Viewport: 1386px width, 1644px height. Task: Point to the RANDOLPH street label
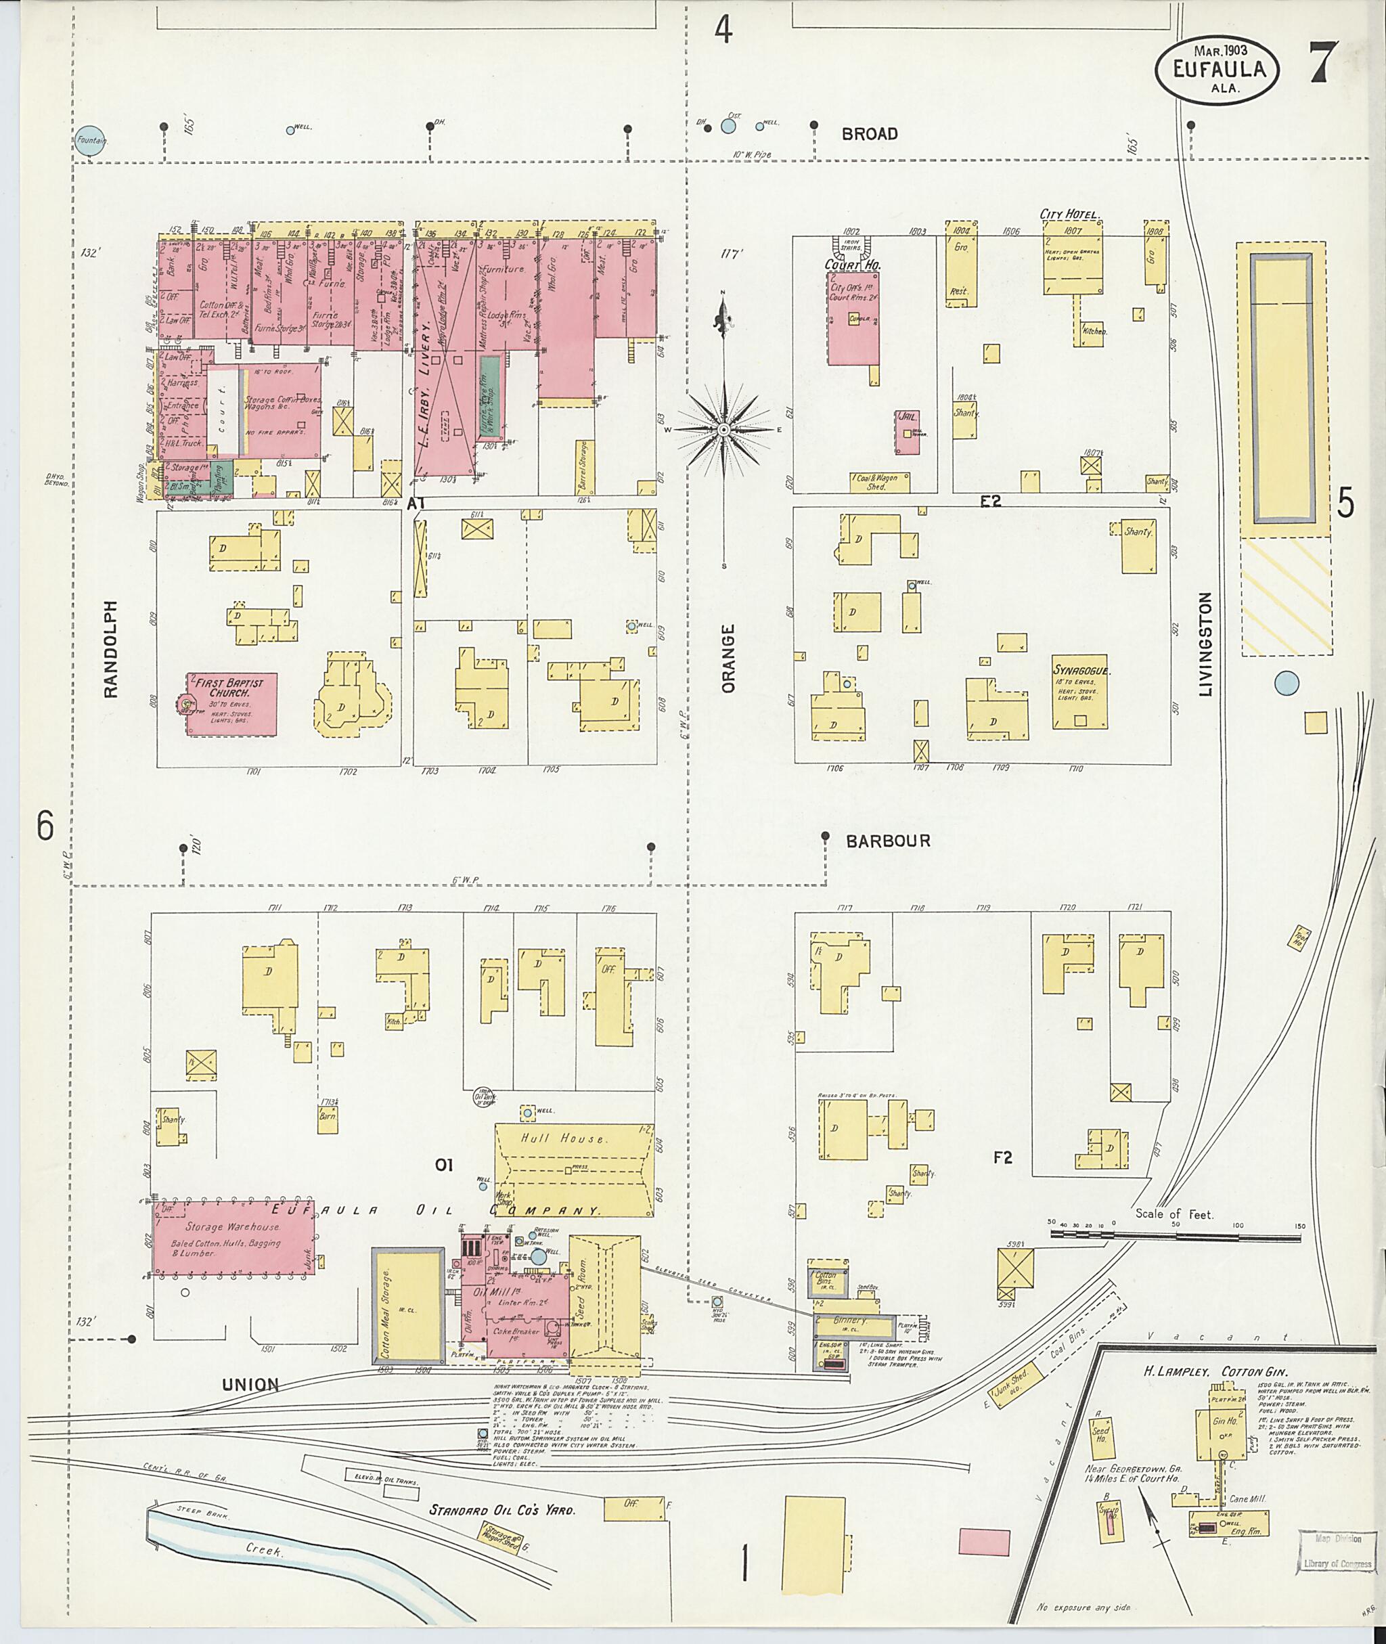[x=111, y=649]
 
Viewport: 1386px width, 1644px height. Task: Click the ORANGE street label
[x=728, y=659]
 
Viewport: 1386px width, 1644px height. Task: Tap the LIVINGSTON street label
[x=1205, y=644]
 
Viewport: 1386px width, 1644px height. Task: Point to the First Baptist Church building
[x=231, y=703]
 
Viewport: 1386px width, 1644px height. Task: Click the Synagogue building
[x=1079, y=692]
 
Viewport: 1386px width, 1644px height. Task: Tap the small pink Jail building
[x=908, y=431]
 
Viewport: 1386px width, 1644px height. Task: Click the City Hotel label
[x=1069, y=214]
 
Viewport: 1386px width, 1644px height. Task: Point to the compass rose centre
[x=723, y=430]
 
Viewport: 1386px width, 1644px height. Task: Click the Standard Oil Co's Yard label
[x=502, y=1509]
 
